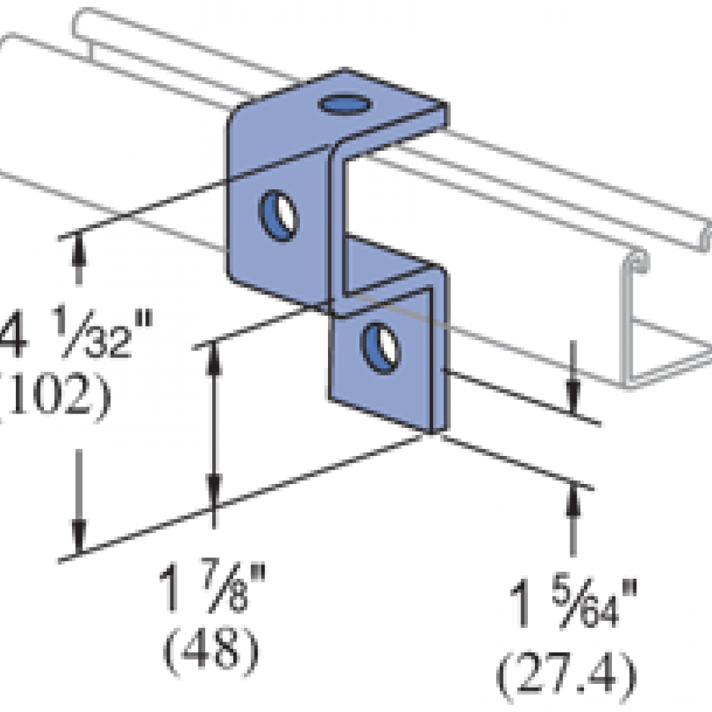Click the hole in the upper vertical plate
point(279,215)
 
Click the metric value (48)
point(212,648)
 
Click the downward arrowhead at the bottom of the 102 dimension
point(78,539)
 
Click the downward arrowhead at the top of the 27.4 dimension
point(573,398)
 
